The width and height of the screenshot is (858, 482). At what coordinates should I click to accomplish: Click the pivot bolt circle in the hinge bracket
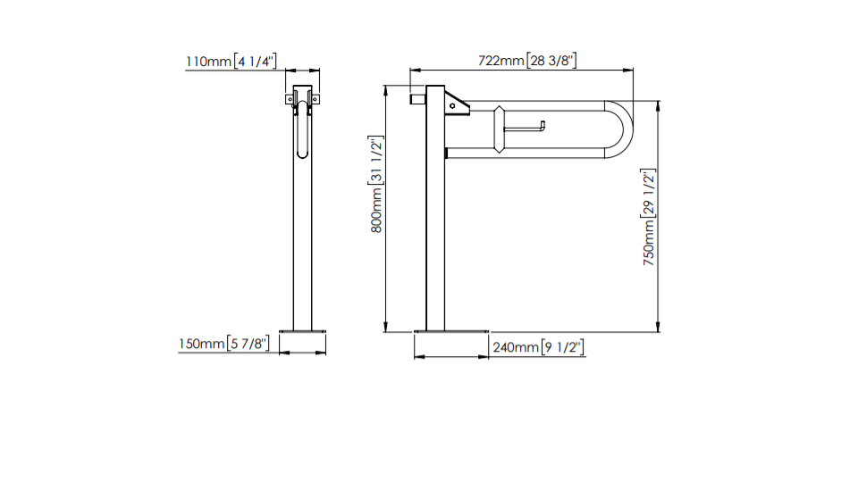click(452, 106)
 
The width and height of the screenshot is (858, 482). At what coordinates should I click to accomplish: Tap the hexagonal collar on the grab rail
click(499, 129)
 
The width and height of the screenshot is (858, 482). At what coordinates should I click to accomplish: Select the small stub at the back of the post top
click(418, 99)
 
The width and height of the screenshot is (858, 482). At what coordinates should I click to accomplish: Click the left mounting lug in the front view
click(290, 99)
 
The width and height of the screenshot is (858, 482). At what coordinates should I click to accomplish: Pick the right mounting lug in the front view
click(315, 99)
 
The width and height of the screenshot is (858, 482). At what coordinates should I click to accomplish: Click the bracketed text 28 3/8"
click(551, 61)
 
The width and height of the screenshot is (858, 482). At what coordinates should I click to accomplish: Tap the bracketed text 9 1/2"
click(562, 347)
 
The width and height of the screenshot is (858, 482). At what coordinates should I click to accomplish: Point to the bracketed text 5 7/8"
click(248, 344)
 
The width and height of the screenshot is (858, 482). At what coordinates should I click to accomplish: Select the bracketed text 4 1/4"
click(255, 62)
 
